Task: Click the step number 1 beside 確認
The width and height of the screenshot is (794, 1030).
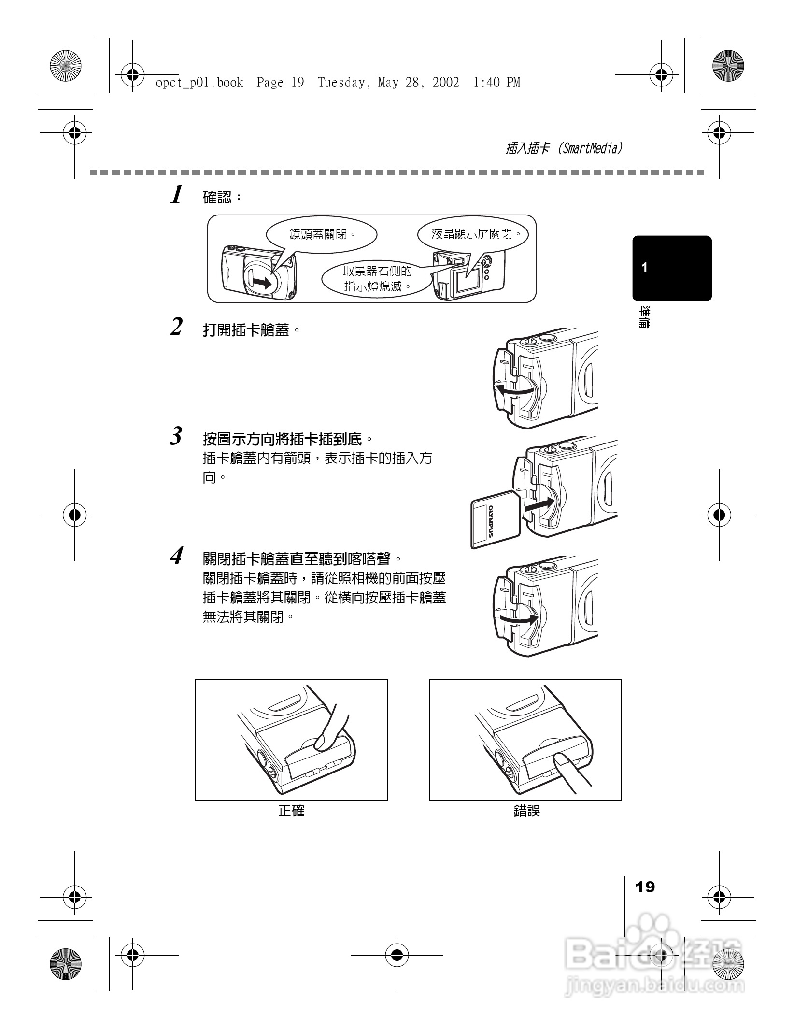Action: pyautogui.click(x=177, y=195)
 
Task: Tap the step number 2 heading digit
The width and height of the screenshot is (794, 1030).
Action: pyautogui.click(x=177, y=327)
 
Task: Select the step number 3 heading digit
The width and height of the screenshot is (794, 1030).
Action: pyautogui.click(x=177, y=436)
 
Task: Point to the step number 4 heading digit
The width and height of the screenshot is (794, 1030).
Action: pyautogui.click(x=177, y=556)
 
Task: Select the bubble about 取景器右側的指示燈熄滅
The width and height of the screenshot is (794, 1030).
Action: pyautogui.click(x=377, y=279)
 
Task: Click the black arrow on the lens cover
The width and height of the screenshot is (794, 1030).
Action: pyautogui.click(x=261, y=283)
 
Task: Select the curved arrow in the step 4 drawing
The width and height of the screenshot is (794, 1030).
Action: pyautogui.click(x=518, y=618)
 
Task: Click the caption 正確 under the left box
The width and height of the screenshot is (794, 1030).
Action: pyautogui.click(x=291, y=811)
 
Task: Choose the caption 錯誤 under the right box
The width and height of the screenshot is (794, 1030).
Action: pyautogui.click(x=526, y=811)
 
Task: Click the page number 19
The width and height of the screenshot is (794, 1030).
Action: pyautogui.click(x=645, y=887)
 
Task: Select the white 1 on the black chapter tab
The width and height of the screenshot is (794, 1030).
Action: pyautogui.click(x=644, y=268)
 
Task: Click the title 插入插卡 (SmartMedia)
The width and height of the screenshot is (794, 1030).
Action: pyautogui.click(x=564, y=148)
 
